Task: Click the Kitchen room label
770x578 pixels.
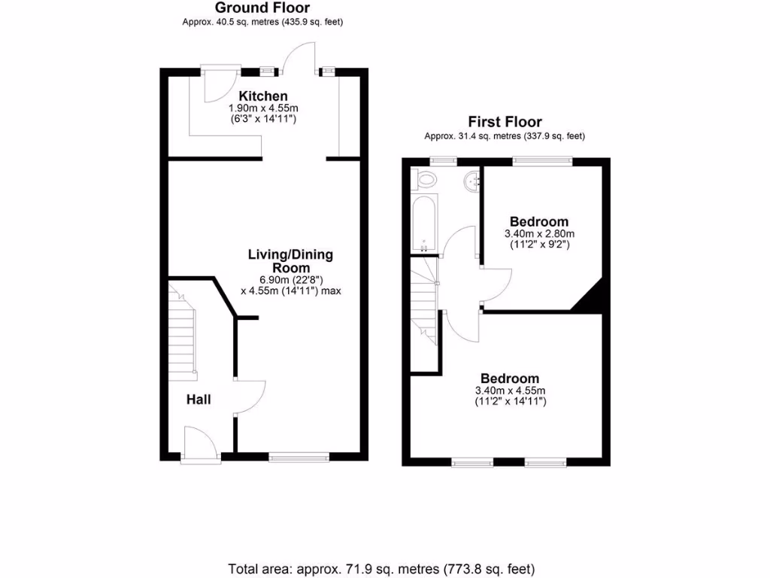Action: [263, 96]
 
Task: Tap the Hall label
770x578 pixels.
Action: [199, 400]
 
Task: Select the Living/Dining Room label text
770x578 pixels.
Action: [290, 261]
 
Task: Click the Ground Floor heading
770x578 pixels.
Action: [262, 8]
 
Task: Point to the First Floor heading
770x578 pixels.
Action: [505, 122]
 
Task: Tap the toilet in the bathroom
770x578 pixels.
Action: [426, 180]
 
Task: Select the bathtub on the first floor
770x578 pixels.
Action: [423, 224]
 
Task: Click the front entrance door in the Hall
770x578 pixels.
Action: [199, 443]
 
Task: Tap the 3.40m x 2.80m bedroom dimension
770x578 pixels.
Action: [538, 234]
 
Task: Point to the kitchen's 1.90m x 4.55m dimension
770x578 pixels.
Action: [263, 108]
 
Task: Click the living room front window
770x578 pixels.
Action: [299, 455]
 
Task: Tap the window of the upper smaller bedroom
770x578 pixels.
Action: [542, 160]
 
